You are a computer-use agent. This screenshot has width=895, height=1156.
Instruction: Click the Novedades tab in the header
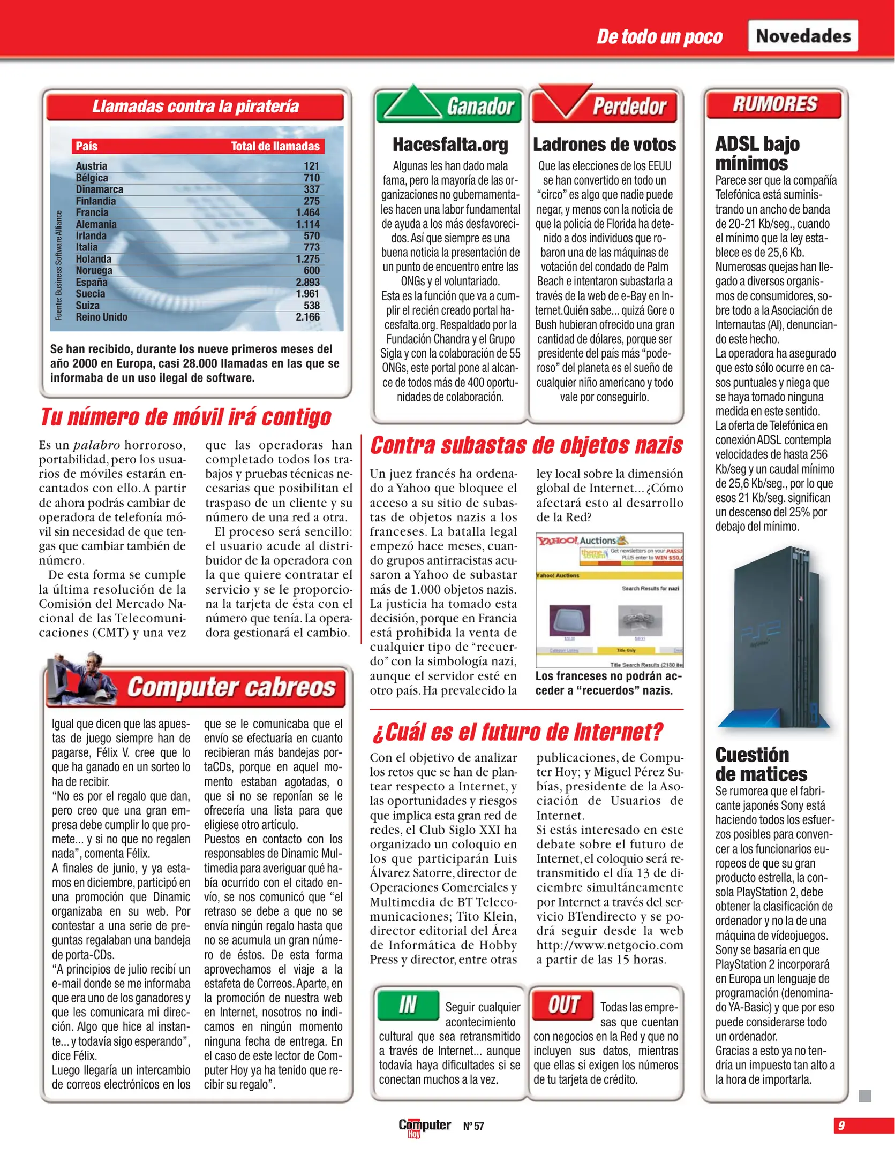pyautogui.click(x=802, y=36)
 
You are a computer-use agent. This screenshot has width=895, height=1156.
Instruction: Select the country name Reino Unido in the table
pyautogui.click(x=101, y=317)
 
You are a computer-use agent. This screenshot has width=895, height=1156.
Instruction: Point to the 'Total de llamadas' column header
pyautogui.click(x=275, y=146)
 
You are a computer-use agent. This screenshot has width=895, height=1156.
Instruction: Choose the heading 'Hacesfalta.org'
pyautogui.click(x=450, y=144)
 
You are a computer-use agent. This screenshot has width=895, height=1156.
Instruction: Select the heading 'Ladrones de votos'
pyautogui.click(x=604, y=144)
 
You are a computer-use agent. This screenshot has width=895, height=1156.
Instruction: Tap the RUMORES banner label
pyautogui.click(x=774, y=104)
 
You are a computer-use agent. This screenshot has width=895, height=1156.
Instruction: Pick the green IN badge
pyautogui.click(x=407, y=1005)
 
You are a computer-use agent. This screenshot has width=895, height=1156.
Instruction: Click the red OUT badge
pyautogui.click(x=563, y=1005)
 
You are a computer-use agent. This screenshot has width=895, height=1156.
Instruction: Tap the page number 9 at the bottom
pyautogui.click(x=841, y=1125)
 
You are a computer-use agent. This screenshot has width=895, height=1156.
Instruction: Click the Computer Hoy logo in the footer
pyautogui.click(x=424, y=1126)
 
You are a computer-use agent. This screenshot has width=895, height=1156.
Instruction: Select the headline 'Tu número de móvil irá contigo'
pyautogui.click(x=186, y=417)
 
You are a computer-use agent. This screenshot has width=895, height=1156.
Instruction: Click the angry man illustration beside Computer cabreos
pyautogui.click(x=80, y=679)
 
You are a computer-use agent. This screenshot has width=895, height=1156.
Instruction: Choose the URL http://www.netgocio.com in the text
pyautogui.click(x=610, y=945)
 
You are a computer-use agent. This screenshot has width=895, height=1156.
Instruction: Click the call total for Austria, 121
pyautogui.click(x=311, y=166)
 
